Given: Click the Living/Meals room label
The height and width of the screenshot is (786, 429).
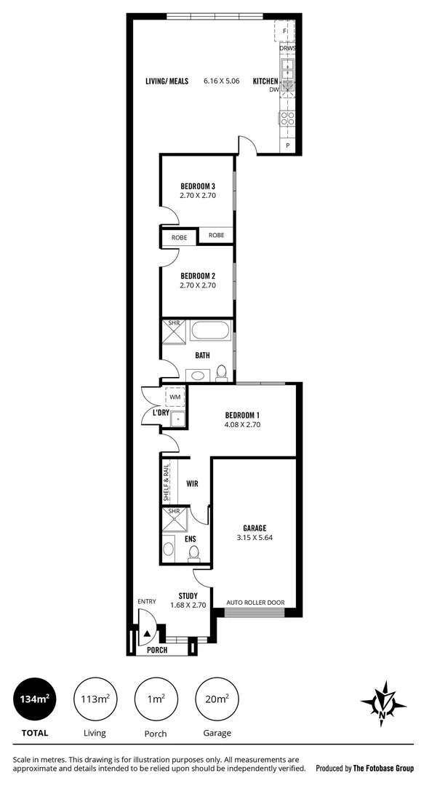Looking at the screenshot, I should (167, 81).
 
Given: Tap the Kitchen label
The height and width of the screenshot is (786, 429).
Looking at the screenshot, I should (265, 81).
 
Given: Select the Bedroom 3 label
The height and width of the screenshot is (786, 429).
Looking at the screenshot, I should (198, 186).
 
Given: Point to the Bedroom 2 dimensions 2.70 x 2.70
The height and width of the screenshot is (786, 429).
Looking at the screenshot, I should (198, 285).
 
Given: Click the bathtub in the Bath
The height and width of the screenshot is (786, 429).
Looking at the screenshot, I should (212, 335).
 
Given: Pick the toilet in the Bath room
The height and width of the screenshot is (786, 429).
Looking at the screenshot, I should (221, 373).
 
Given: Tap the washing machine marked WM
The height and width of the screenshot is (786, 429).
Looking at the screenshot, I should (175, 397).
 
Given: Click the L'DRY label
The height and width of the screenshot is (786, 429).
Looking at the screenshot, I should (161, 413).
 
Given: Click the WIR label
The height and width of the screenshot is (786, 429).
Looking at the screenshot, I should (193, 483).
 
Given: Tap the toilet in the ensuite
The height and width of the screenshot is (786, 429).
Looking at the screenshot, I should (194, 555).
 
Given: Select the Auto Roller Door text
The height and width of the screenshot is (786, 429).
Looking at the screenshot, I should (255, 603).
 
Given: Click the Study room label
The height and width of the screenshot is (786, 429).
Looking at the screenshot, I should (188, 595).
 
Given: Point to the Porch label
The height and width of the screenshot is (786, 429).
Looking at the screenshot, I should (157, 650).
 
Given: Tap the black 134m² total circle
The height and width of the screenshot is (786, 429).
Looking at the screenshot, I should (34, 699).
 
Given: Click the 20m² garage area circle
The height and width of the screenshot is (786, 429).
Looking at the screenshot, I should (217, 699).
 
